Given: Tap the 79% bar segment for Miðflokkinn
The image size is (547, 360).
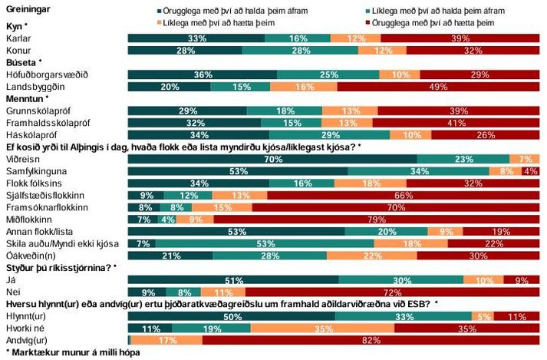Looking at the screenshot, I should click(x=377, y=220).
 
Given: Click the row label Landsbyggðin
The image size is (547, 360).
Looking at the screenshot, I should click(x=34, y=87).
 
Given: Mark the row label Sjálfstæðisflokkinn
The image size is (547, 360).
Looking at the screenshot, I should click(x=42, y=196).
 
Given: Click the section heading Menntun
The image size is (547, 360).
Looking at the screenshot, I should click(x=25, y=98).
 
